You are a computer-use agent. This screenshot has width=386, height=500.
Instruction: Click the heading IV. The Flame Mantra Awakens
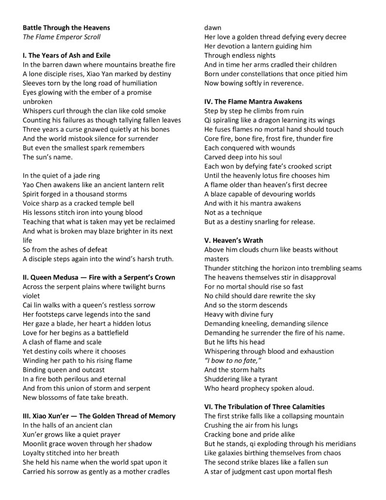tap(254, 102)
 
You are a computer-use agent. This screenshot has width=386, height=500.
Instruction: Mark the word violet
tap(32, 296)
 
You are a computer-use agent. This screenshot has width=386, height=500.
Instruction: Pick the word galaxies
tap(229, 453)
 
